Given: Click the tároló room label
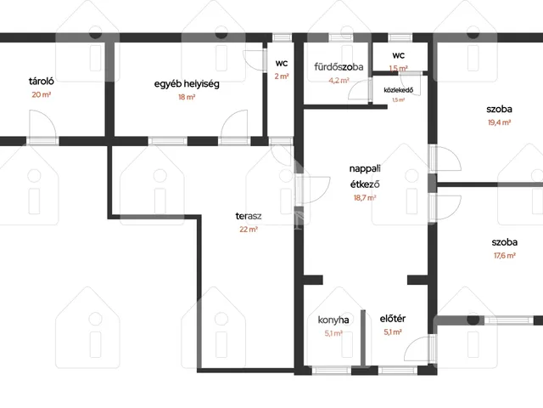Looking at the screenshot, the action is click(42, 82).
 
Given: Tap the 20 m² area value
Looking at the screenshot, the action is click(42, 94).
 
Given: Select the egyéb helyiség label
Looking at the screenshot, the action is click(187, 84).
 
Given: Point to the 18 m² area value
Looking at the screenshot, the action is click(187, 97).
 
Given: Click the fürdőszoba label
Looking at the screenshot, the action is click(339, 66).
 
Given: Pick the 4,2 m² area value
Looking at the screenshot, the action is click(339, 81).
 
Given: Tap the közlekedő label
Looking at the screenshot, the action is click(398, 90).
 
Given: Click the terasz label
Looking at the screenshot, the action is click(249, 216).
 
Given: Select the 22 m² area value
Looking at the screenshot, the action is click(249, 229).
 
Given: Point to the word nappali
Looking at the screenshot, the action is click(365, 169).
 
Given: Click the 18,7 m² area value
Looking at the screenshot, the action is click(365, 198).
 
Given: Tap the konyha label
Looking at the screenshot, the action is click(333, 320).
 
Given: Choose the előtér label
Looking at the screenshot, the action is click(392, 319).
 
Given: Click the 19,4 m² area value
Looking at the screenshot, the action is click(499, 122).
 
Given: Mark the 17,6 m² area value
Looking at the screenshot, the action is click(505, 256).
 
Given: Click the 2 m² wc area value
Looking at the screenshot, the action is click(282, 76).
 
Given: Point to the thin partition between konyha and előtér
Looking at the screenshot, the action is click(363, 338).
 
